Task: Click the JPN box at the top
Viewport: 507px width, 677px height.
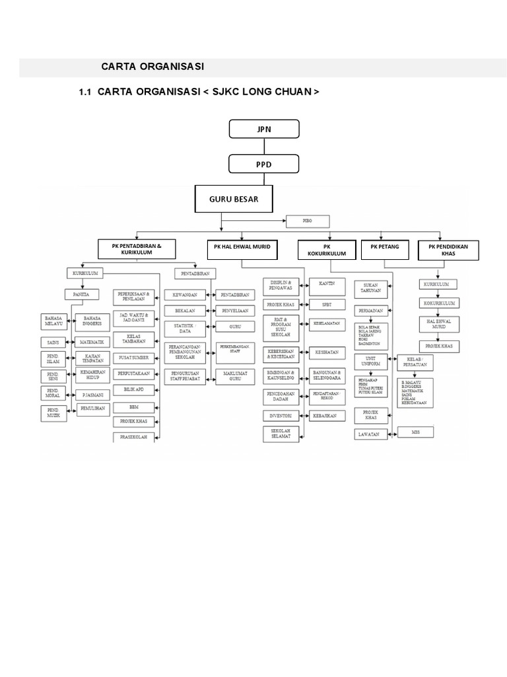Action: [x=264, y=129]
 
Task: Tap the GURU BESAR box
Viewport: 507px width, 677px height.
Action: [x=235, y=198]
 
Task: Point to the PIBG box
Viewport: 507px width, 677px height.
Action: [x=307, y=221]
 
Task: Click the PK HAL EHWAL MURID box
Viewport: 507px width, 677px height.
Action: [x=242, y=248]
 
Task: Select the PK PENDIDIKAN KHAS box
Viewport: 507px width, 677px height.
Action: [x=448, y=249]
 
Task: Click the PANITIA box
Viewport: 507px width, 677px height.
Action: [x=82, y=294]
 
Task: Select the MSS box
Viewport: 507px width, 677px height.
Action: [x=415, y=432]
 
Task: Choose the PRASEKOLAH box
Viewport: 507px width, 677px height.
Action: [x=135, y=438]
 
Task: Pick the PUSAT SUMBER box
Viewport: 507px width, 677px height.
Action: [x=135, y=358]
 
